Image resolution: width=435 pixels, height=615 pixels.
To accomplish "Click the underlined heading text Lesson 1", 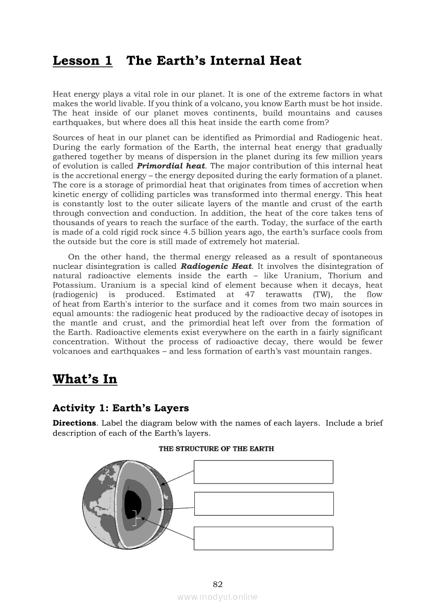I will pyautogui.click(x=82, y=61).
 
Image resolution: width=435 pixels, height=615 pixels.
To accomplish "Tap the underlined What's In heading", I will pyautogui.click(x=85, y=379).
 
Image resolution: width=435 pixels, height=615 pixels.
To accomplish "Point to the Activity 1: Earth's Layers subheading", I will pyautogui.click(x=121, y=408).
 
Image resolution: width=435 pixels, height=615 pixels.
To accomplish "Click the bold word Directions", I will pyautogui.click(x=74, y=423).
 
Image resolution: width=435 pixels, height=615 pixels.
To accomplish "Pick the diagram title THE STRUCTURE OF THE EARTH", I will pyautogui.click(x=216, y=449).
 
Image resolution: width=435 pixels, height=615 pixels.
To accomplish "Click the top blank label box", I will pyautogui.click(x=263, y=472).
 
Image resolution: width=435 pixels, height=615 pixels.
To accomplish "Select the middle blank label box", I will pyautogui.click(x=263, y=503).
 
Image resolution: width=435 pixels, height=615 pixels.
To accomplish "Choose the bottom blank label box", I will pyautogui.click(x=263, y=538).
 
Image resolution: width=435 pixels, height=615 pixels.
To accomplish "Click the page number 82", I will pyautogui.click(x=217, y=584).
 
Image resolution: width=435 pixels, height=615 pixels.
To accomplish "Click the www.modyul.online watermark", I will pyautogui.click(x=217, y=597).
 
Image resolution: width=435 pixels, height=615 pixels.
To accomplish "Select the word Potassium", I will pyautogui.click(x=72, y=285).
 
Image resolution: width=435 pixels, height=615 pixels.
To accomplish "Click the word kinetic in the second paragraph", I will pyautogui.click(x=64, y=194).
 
